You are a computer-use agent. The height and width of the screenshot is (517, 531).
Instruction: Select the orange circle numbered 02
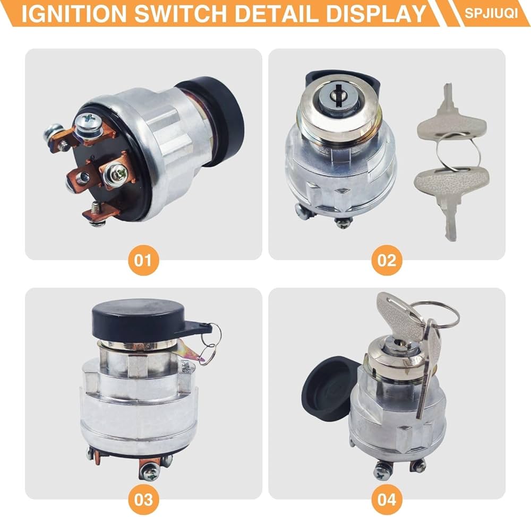pyautogui.click(x=387, y=260)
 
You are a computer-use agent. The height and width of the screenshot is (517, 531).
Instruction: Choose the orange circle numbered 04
pyautogui.click(x=387, y=499)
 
